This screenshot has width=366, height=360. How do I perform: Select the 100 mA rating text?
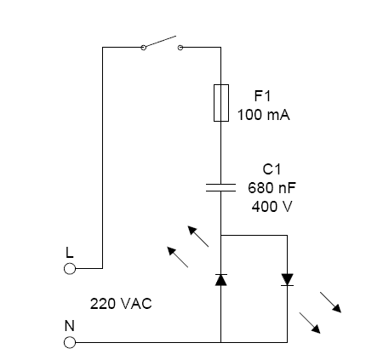coord(264,115)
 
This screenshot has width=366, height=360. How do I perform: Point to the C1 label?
coord(272,169)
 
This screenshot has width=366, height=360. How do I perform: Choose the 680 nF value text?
coord(272,188)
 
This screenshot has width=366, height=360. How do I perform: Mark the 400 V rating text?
coord(272,207)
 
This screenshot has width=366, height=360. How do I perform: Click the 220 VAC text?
coord(121,303)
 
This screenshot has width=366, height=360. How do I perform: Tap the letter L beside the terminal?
coord(70,253)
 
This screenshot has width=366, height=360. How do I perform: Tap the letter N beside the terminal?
coord(70,326)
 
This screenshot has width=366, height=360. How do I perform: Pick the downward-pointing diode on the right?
coord(288,279)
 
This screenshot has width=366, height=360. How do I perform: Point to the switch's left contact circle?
coord(143,48)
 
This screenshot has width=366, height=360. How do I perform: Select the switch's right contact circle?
coord(180,48)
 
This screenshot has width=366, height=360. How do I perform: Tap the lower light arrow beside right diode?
coord(311,322)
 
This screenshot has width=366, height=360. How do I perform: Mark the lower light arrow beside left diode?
coord(177,256)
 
